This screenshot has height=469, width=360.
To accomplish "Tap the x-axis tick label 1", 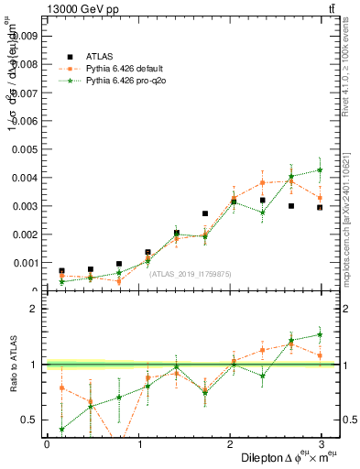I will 140,443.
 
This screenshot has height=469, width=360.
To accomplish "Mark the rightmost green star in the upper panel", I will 320,169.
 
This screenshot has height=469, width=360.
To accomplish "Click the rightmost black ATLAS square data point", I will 320,208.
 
